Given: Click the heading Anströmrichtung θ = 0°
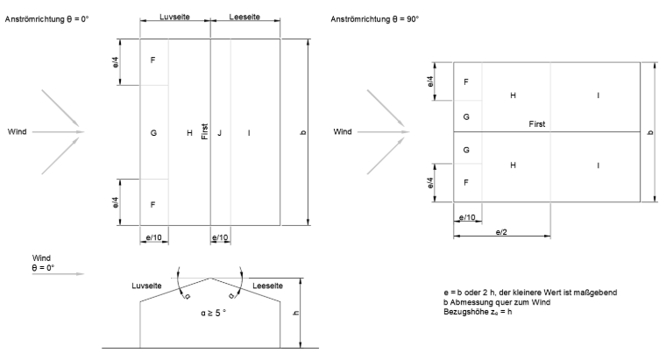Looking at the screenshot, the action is coord(46,19).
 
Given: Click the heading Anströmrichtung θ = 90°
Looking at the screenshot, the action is coord(375,19).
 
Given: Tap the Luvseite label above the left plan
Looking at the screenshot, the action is coord(174,17).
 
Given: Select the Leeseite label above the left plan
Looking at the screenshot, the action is coord(244,17).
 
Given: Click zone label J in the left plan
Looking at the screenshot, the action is coord(220,133).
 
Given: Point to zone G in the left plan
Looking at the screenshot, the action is coord(153,133).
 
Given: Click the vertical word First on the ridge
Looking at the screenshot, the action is coord(205,131).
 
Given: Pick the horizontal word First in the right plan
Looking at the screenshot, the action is coord(537,124).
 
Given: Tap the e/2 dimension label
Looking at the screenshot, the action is coord(501,232).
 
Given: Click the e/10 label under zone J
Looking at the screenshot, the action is coord(220,237).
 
